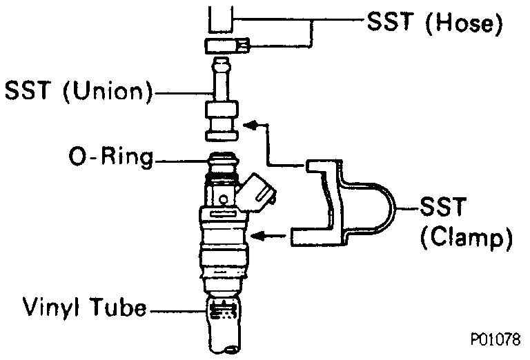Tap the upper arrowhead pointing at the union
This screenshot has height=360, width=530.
tap(255, 124)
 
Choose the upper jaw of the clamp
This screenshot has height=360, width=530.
tap(321, 167)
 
